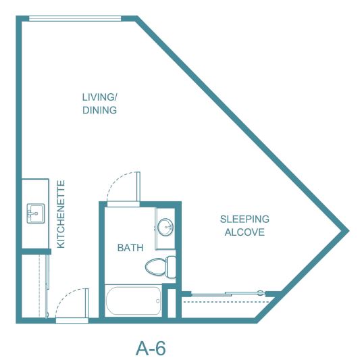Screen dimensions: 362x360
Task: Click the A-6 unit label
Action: [x=151, y=348]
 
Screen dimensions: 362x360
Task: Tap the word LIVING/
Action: [x=100, y=97]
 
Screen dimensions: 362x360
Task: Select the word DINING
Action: [x=99, y=110]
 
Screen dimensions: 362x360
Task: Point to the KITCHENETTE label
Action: [x=61, y=214]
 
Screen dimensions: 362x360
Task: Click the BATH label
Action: [x=130, y=248]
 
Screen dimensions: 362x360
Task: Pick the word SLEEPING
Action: [x=244, y=219]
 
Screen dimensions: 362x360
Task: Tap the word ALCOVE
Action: [x=244, y=232]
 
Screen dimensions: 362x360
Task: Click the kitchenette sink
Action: [x=36, y=213]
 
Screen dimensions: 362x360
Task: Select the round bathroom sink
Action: [x=165, y=227]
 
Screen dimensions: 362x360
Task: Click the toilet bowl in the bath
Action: [x=155, y=267]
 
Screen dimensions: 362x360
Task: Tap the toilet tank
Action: [x=171, y=267]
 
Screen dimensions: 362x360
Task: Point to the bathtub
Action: [x=134, y=301]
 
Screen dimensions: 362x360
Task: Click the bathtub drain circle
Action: [x=157, y=301]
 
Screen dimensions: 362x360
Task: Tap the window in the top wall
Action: [x=75, y=18]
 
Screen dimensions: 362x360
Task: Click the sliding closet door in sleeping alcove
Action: [x=228, y=294]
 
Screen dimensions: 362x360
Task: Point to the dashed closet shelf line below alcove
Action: [x=226, y=302]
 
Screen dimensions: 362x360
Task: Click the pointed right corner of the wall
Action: [x=348, y=230]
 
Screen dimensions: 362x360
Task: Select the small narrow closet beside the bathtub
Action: [x=172, y=303]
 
